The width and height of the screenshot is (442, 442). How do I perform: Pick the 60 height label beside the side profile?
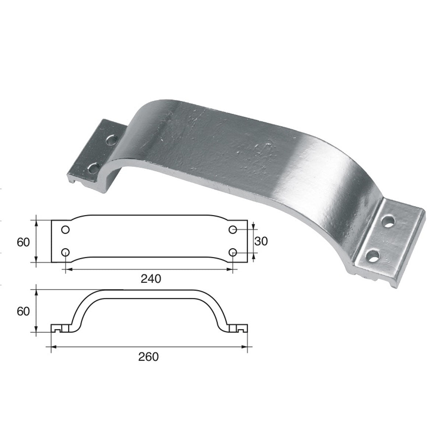(x=23, y=311)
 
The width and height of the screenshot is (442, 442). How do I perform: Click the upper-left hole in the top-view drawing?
(x=65, y=230)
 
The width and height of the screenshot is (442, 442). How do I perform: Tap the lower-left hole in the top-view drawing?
(x=65, y=252)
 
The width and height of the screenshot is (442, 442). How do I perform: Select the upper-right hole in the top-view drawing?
(x=233, y=230)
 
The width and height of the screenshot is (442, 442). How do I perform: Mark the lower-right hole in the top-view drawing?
(x=233, y=252)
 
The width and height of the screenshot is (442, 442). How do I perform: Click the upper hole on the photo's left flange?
(x=110, y=140)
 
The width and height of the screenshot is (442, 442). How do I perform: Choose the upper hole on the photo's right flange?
(x=388, y=222)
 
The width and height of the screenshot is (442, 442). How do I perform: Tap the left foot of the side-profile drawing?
(x=59, y=328)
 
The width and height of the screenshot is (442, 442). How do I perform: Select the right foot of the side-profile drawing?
(x=239, y=328)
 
